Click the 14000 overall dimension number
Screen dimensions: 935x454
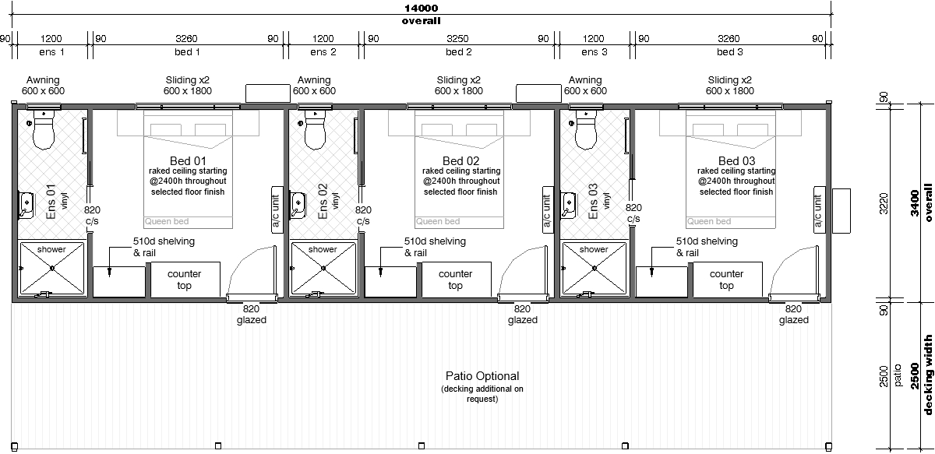pos(422,8)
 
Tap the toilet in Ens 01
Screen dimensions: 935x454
pos(44,129)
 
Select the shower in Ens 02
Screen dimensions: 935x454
pos(323,269)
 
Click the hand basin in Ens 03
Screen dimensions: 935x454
pos(568,206)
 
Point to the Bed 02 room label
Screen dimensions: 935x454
pos(460,160)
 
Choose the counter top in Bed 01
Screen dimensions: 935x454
pos(185,280)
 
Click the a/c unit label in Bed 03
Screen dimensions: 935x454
pos(818,210)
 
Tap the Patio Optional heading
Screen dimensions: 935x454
pos(482,376)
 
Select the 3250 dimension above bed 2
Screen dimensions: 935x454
pos(457,39)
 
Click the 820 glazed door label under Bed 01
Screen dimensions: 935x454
pos(251,315)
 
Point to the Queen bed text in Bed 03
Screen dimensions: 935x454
pos(709,222)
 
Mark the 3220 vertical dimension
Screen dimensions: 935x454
pos(884,203)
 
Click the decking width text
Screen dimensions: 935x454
pos(928,375)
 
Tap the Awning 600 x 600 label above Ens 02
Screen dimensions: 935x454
pos(314,86)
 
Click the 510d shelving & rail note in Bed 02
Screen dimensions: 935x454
pos(435,247)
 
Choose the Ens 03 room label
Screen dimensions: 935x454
pos(593,201)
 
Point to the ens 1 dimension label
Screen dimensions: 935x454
pos(51,52)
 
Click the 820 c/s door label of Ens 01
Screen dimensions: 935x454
pos(92,215)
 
